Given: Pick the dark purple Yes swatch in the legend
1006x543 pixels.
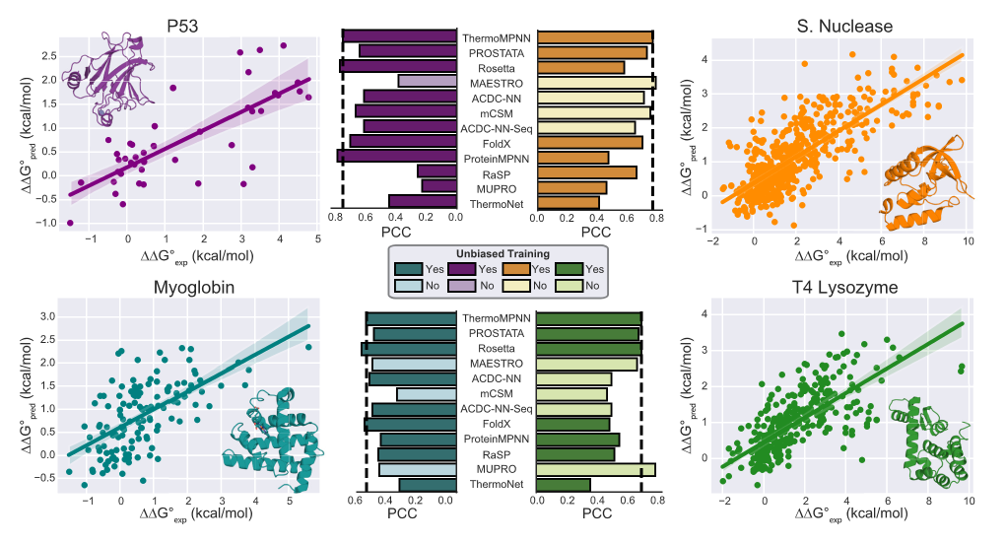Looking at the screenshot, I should [x=463, y=268].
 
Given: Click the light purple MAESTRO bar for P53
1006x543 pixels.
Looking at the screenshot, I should [x=427, y=81].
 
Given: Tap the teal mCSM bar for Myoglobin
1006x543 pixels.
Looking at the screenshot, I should [x=427, y=394].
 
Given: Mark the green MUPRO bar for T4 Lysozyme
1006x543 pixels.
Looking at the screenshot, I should [x=595, y=469].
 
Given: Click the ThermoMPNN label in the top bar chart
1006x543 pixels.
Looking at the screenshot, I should [x=497, y=36].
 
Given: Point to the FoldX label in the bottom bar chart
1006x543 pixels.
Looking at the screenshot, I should [x=497, y=424].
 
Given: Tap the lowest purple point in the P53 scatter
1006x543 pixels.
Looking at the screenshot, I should [x=70, y=223].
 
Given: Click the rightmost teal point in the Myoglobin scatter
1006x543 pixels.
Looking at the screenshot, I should [x=308, y=347].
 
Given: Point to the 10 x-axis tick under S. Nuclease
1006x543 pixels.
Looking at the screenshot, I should [x=968, y=241].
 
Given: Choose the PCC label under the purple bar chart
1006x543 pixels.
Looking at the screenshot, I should [x=399, y=233].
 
